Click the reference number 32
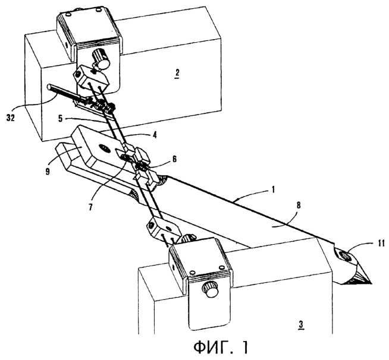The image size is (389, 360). [11, 117]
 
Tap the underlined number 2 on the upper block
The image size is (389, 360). [177, 73]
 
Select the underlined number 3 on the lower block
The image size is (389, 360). [301, 324]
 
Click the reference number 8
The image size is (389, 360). [299, 206]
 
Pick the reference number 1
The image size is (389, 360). [273, 190]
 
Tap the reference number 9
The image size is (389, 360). [48, 170]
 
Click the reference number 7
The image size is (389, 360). [91, 206]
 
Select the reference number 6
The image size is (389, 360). [174, 159]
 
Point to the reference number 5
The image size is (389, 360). [61, 118]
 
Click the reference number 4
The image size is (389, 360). [154, 135]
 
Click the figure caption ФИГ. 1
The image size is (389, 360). [221, 348]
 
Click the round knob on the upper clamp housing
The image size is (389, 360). [102, 59]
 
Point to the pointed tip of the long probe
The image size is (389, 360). [372, 283]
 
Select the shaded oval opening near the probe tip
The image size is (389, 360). [346, 255]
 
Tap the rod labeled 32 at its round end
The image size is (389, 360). [49, 87]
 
